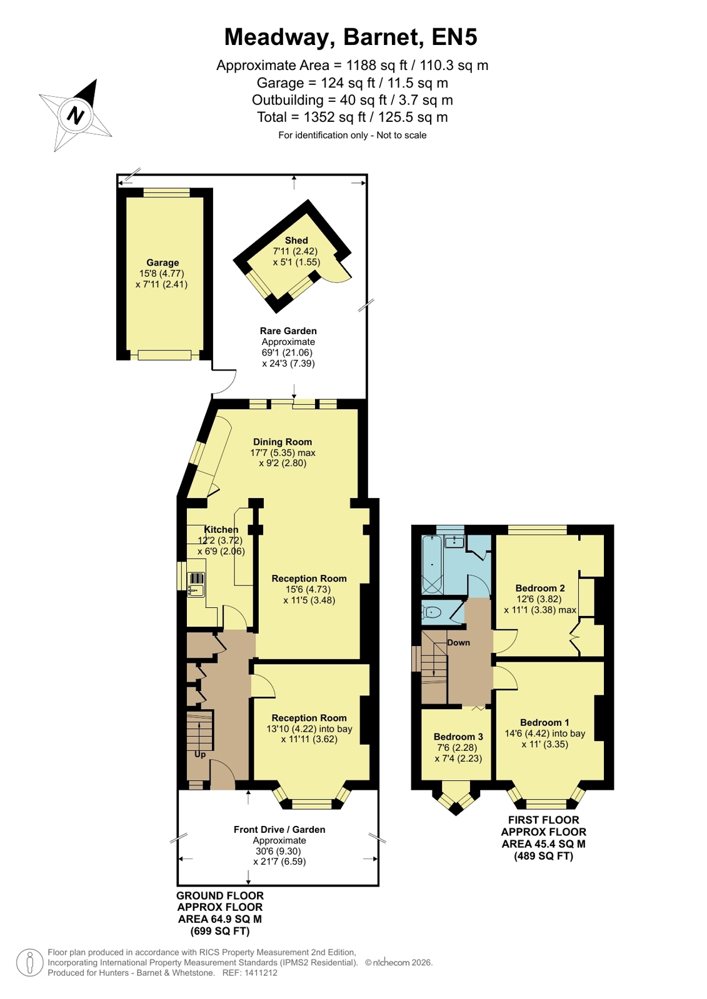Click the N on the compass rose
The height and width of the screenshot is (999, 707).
coord(76,116)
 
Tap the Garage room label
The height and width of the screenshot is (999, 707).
coord(163,262)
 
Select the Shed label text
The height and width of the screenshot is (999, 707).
coord(296,241)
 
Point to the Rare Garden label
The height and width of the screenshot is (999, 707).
coord(288,331)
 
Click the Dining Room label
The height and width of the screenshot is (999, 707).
coord(283,442)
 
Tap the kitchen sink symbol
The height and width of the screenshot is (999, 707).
coord(196,585)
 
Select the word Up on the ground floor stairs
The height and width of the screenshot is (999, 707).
coord(200,754)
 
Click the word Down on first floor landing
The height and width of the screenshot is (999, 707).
coord(458,643)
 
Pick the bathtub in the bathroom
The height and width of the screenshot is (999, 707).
coord(432,565)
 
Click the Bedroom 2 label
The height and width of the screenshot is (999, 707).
coord(540,589)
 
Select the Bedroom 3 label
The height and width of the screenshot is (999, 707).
coord(458,737)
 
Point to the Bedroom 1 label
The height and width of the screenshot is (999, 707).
coord(544,722)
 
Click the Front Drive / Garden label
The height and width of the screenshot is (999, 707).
coord(279,830)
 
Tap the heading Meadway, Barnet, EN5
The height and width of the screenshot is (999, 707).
coord(351,37)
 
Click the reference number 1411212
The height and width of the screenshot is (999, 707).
coord(261,973)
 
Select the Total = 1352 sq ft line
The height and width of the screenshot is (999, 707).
coord(352,117)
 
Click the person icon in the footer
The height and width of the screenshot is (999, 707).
coord(30,962)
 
